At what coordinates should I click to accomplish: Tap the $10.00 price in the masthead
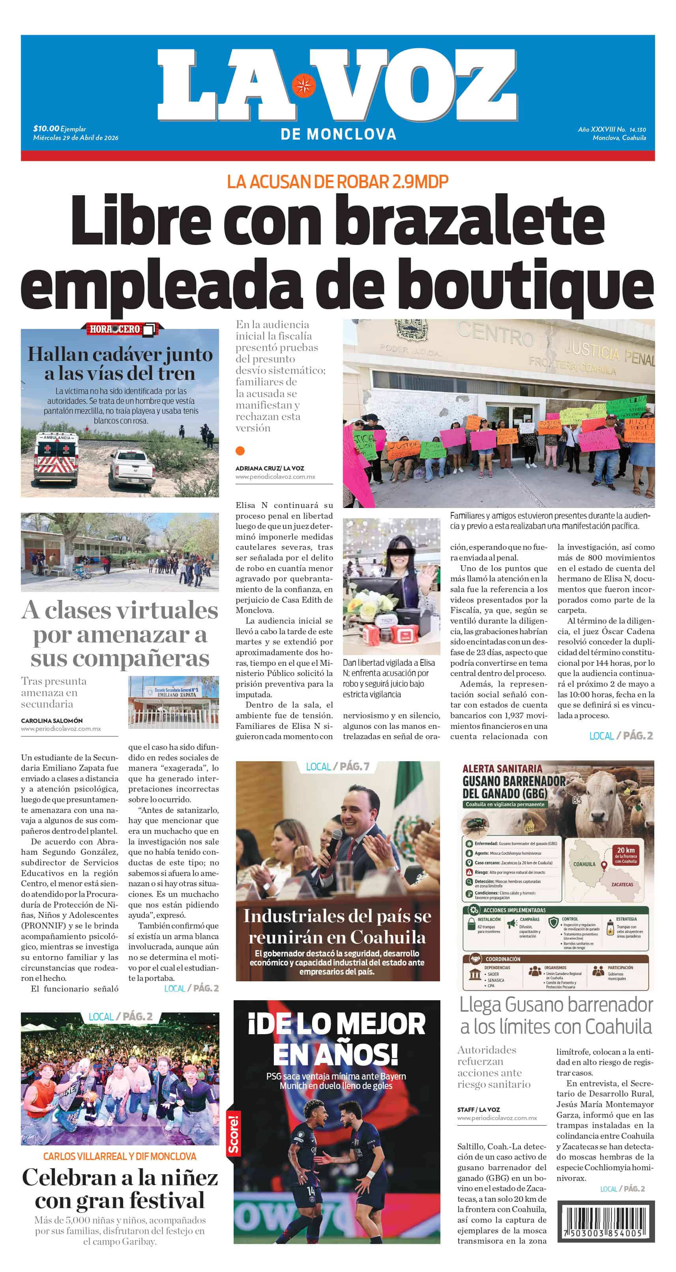point(46,129)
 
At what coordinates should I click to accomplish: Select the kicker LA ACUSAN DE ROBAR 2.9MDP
point(337,182)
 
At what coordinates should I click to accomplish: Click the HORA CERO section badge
point(121,329)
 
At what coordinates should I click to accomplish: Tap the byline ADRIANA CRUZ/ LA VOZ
point(269,468)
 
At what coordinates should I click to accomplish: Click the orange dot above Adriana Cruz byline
point(240,450)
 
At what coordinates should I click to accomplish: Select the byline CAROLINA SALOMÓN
point(52,721)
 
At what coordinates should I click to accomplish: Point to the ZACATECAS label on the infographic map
point(622,884)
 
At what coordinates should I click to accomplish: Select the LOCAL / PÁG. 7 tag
point(337,766)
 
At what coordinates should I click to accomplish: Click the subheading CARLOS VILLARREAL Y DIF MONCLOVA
point(120,1156)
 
